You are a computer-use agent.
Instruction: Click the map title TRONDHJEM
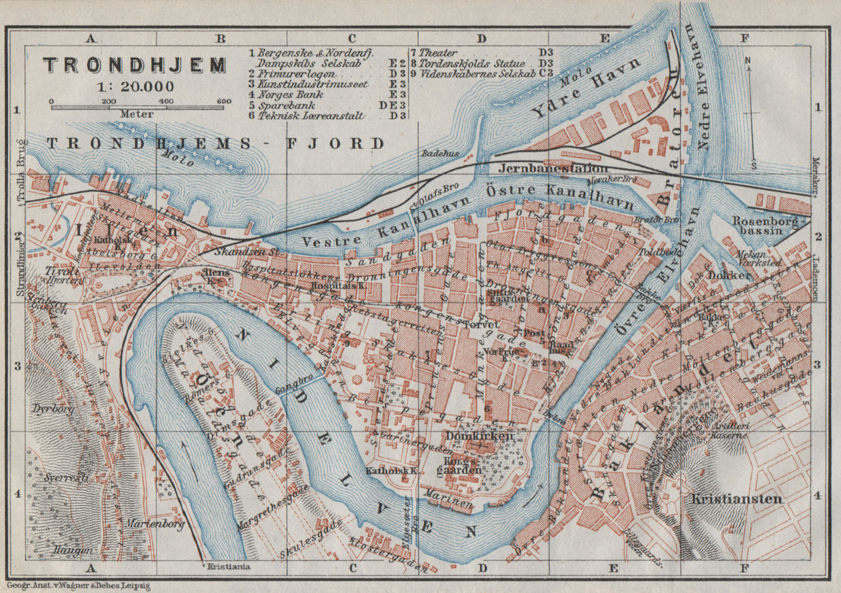click(x=135, y=65)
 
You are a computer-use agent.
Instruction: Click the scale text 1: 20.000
click(x=135, y=87)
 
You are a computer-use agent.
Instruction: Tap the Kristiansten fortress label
click(x=737, y=499)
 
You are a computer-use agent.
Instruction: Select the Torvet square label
click(x=478, y=325)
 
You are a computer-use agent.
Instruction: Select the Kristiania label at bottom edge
click(x=229, y=567)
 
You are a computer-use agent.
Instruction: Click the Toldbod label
click(x=653, y=252)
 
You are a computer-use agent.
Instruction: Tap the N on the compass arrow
click(x=747, y=61)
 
